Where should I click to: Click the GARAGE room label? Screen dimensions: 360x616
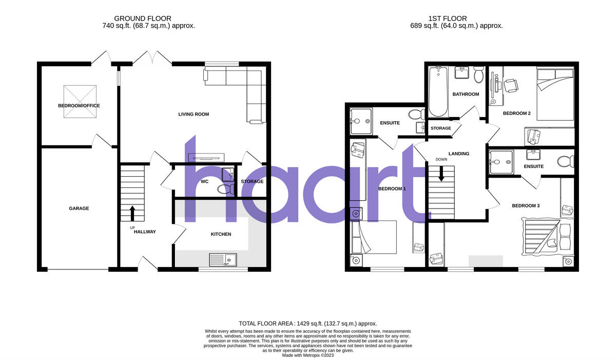tap(79, 209)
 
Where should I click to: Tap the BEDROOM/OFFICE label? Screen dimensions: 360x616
tap(79, 106)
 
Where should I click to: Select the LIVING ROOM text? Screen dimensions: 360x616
tap(194, 114)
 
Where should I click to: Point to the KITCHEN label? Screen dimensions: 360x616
tap(221, 234)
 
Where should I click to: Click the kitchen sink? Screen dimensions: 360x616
tap(222, 260)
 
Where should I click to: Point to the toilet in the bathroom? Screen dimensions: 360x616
tap(478, 75)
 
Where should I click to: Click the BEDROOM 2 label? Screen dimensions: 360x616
tap(516, 113)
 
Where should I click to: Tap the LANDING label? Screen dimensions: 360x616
tap(458, 154)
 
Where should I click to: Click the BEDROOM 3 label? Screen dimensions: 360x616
tap(525, 206)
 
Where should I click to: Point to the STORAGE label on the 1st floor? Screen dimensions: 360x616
tap(440, 128)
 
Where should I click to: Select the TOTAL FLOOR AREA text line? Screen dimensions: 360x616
tap(307, 324)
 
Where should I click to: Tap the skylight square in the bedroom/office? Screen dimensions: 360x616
tap(80, 101)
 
